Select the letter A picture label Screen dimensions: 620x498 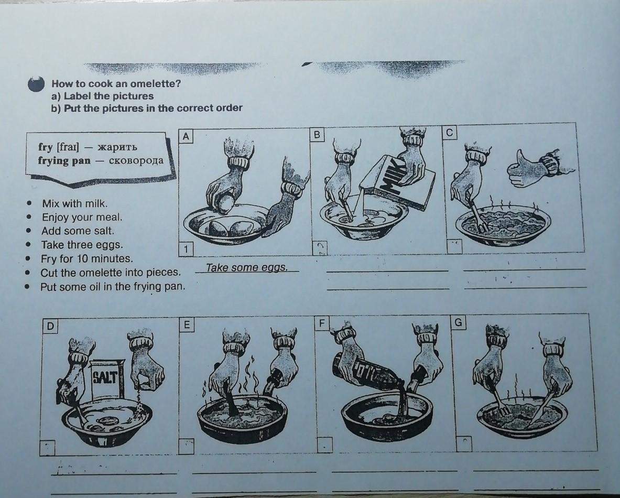pos(186,136)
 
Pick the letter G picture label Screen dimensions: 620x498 pos(458,322)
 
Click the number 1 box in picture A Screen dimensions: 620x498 pos(186,249)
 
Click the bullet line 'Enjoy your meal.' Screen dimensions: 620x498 pos(82,217)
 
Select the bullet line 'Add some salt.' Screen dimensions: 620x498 pos(78,231)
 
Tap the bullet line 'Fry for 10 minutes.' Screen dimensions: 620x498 pos(86,258)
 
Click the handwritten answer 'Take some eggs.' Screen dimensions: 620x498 pos(246,267)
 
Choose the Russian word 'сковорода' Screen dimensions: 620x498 pos(136,160)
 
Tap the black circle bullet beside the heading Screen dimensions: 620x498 pos(36,84)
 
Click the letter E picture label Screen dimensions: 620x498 pos(187,324)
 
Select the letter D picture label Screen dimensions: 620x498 pos(50,326)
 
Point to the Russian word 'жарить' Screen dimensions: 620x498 pos(117,147)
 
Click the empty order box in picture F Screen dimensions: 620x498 pos(324,445)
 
